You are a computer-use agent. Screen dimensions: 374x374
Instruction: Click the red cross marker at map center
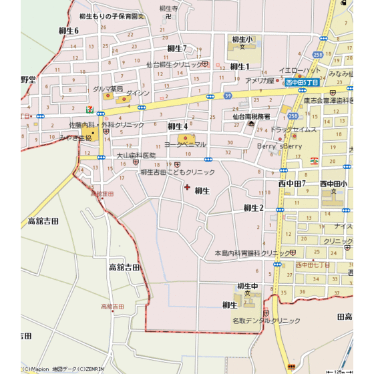click(186, 187)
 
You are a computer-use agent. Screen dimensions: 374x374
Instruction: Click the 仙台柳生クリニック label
click(174, 65)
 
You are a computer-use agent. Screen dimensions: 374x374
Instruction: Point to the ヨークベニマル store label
click(185, 144)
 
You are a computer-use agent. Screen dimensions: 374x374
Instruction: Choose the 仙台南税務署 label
click(251, 116)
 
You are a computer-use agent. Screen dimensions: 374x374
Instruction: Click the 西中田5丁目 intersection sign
click(302, 82)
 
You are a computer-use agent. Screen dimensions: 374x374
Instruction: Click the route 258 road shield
click(317, 54)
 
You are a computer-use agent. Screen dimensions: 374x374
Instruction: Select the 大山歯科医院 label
click(136, 155)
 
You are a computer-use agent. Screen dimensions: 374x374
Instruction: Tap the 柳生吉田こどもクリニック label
click(178, 172)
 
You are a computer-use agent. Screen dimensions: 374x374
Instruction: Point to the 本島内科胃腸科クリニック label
click(252, 253)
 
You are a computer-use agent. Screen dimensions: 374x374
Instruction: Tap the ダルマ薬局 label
click(108, 88)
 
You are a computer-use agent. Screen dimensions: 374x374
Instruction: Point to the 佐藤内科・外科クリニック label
click(106, 125)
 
